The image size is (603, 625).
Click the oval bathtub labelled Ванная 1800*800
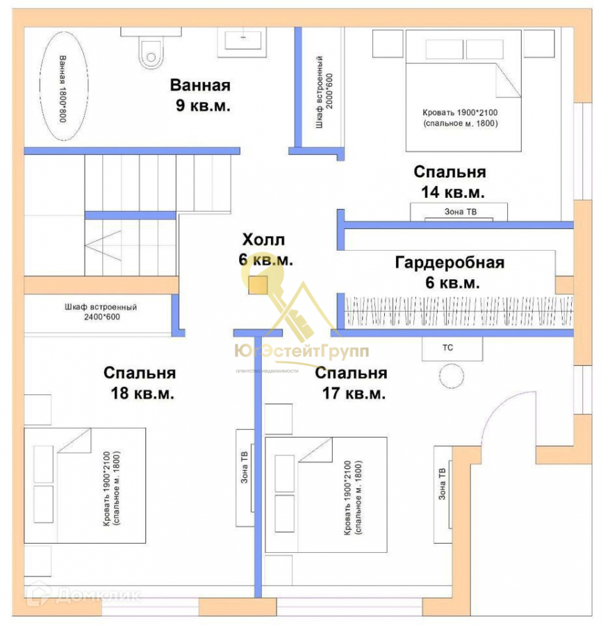pyautogui.click(x=62, y=89)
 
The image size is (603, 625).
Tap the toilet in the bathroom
pyautogui.click(x=150, y=51)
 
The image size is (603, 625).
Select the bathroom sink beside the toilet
pyautogui.click(x=245, y=42)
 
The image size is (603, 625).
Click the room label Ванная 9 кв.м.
pyautogui.click(x=201, y=96)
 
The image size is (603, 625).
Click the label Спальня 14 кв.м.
pyautogui.click(x=449, y=181)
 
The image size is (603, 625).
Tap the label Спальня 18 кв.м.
pyautogui.click(x=140, y=383)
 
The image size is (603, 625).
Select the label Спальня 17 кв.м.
pyautogui.click(x=351, y=383)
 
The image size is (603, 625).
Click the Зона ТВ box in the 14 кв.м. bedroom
pyautogui.click(x=459, y=212)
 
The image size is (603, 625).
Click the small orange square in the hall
pyautogui.click(x=258, y=285)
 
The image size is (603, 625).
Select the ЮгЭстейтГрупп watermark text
pyautogui.click(x=301, y=351)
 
